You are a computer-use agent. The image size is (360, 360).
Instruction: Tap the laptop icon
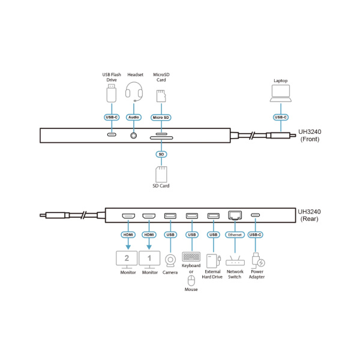pos(281,93)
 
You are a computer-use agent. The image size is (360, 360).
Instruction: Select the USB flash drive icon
pos(112,93)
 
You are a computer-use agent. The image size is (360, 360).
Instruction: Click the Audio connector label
pos(134,118)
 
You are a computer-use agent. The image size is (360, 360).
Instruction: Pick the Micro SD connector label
pos(161,118)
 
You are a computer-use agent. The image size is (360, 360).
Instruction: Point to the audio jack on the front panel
pos(134,136)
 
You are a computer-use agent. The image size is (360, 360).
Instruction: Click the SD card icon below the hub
pos(161,174)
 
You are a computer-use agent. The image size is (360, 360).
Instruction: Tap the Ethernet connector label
pos(235,235)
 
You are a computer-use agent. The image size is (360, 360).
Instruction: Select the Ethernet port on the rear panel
pos(235,215)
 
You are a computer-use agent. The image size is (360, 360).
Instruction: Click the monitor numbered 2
pos(127,260)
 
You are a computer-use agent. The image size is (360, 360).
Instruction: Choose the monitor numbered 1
pos(149,260)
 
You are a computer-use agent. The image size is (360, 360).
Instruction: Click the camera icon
pos(170,261)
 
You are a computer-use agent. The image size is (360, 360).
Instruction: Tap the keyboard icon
pos(191,257)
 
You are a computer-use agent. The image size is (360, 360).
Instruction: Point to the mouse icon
pos(191,281)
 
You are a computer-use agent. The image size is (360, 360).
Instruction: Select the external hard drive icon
pos(214,261)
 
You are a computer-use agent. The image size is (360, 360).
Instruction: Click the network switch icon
pos(235,261)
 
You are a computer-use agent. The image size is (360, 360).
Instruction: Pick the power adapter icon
pos(258,260)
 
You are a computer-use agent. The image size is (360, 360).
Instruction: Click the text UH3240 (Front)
pos(310,136)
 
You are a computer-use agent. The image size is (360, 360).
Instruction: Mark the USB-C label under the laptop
pos(281,118)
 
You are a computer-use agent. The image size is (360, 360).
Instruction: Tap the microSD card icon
pos(161,96)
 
